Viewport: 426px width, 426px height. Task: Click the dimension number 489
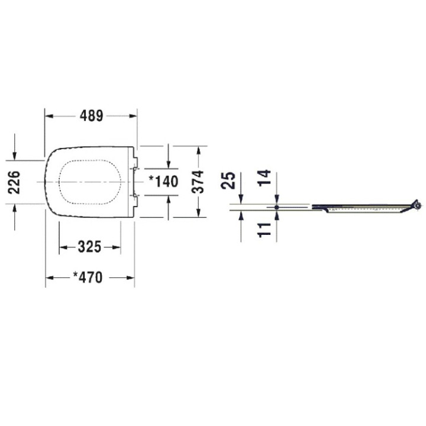pyautogui.click(x=92, y=117)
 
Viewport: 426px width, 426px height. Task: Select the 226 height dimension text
pyautogui.click(x=15, y=182)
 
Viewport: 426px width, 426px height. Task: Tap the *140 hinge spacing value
pyautogui.click(x=163, y=182)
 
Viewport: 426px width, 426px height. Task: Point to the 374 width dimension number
pyautogui.click(x=198, y=182)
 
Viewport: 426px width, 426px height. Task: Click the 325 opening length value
pyautogui.click(x=90, y=247)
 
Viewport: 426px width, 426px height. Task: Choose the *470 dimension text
pyautogui.click(x=88, y=277)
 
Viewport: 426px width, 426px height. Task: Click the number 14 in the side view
pyautogui.click(x=265, y=178)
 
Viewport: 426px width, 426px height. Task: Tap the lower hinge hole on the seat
pyautogui.click(x=136, y=195)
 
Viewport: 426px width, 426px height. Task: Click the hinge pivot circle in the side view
pyautogui.click(x=418, y=205)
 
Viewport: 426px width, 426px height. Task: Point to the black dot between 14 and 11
pyautogui.click(x=277, y=207)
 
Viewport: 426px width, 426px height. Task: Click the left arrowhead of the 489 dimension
pyautogui.click(x=49, y=117)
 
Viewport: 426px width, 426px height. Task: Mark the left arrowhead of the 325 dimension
pyautogui.click(x=63, y=247)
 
